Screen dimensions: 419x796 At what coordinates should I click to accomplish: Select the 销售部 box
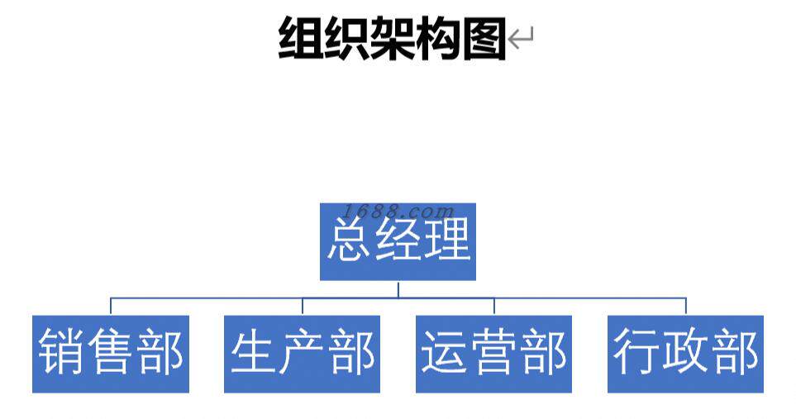[111, 354]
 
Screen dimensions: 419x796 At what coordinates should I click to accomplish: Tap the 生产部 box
[302, 354]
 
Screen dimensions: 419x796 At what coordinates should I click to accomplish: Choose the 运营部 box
[493, 354]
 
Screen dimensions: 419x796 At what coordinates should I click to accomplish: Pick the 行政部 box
[685, 354]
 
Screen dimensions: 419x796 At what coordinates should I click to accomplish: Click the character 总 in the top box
[350, 241]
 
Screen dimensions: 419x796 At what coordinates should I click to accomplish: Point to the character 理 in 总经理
[447, 241]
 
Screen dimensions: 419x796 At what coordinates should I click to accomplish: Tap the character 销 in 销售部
[63, 354]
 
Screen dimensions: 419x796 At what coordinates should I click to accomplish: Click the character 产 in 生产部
[303, 354]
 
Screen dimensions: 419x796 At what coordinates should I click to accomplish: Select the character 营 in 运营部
[494, 354]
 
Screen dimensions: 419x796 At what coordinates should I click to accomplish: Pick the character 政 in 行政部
[686, 354]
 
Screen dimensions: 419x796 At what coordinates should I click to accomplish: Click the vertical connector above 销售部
[111, 306]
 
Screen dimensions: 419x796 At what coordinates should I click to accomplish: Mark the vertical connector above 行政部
[685, 306]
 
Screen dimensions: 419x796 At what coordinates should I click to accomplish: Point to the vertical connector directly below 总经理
[398, 288]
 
